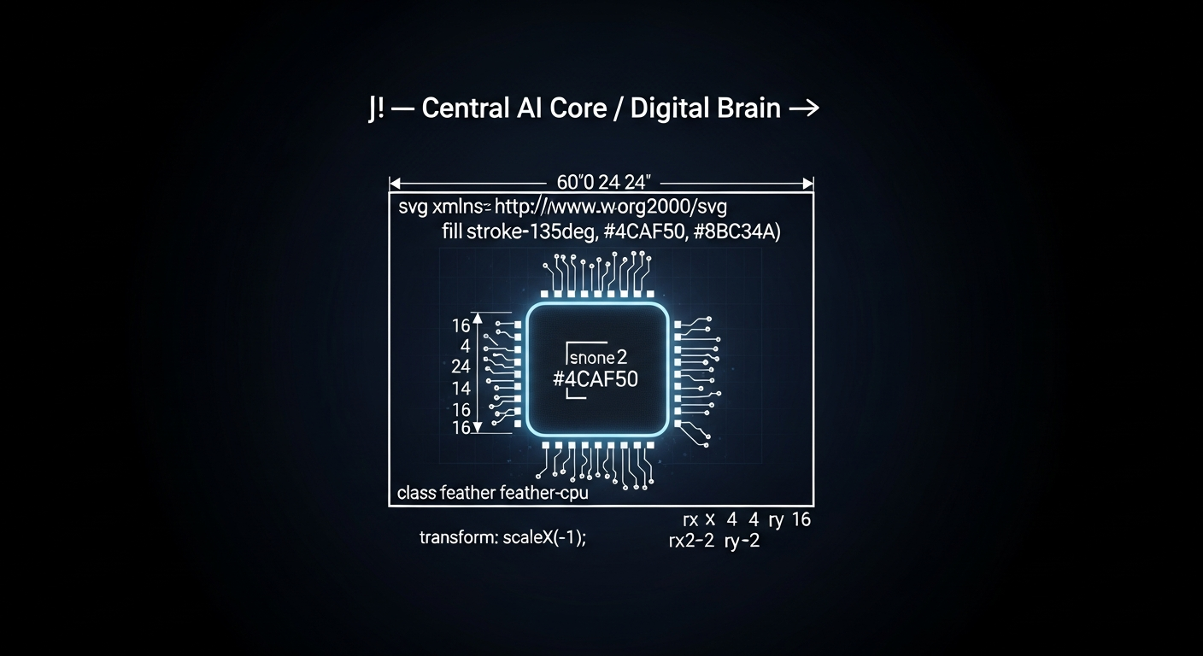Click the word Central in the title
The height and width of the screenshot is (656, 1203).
[x=465, y=108]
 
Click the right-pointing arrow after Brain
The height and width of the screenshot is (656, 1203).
[x=804, y=108]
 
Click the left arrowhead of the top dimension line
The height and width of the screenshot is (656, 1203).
[x=395, y=184]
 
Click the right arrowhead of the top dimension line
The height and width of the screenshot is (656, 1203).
[x=807, y=184]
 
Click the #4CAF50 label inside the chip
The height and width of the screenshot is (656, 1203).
[x=595, y=379]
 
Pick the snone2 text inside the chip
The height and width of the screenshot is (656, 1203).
[x=598, y=358]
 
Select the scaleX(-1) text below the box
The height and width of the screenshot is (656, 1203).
[x=542, y=537]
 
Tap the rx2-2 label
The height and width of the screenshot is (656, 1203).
[x=691, y=541]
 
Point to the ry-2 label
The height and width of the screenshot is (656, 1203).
[x=742, y=542]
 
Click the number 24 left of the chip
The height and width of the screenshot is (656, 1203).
[x=461, y=366]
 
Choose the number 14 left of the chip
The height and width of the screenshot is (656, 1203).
[x=461, y=388]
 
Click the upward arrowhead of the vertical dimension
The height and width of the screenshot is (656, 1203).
[x=477, y=318]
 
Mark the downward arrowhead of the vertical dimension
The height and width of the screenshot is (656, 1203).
[x=477, y=427]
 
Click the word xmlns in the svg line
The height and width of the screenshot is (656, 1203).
[x=461, y=207]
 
